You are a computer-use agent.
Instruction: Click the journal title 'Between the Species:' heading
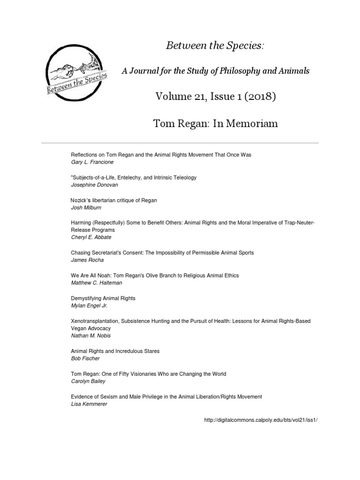click(215, 46)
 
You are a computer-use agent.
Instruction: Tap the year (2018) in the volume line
click(255, 97)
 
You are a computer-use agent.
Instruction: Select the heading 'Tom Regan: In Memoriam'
click(215, 124)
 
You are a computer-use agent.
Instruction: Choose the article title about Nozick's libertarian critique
click(113, 200)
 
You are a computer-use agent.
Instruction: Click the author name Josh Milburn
click(86, 208)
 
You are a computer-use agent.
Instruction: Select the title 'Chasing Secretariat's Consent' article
click(162, 253)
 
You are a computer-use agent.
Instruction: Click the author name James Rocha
click(88, 260)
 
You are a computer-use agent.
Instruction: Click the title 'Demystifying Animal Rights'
click(103, 298)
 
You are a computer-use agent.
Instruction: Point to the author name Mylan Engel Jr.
click(89, 306)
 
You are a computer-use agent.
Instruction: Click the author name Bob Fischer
click(85, 359)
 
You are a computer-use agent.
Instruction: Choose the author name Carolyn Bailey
click(89, 382)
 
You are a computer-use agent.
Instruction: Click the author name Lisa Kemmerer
click(89, 404)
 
